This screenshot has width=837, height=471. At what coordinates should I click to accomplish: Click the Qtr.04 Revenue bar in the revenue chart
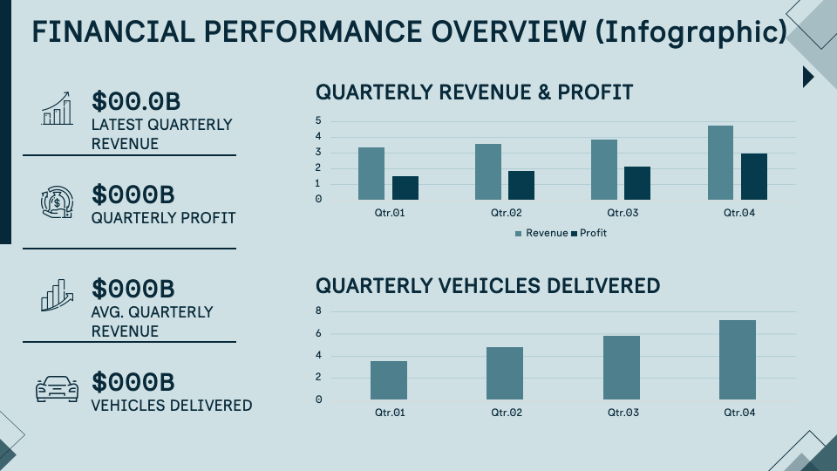[x=720, y=162]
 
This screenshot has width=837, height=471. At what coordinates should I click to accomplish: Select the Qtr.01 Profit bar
[x=405, y=188]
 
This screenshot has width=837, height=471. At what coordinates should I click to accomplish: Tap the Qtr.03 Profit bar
[x=636, y=182]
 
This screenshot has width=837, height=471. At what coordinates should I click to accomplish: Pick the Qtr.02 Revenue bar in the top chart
[x=488, y=171]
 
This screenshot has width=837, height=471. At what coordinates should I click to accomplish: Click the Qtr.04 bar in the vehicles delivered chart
[x=737, y=359]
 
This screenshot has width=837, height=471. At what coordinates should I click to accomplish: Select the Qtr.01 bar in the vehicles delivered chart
[x=388, y=379]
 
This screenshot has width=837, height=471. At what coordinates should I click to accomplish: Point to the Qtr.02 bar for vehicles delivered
[x=505, y=372]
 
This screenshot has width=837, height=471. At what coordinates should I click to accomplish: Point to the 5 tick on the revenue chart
[x=318, y=120]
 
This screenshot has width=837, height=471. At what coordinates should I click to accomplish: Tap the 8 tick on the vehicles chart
[x=318, y=311]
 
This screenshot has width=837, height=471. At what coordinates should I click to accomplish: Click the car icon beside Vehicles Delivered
[x=57, y=389]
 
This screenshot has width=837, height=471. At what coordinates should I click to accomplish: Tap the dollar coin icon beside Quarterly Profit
[x=57, y=202]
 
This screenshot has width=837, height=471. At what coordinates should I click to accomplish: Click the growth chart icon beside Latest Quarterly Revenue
[x=57, y=108]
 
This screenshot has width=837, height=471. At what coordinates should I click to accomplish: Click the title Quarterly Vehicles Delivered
[x=487, y=285]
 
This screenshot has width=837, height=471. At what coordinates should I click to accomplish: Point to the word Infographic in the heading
[x=688, y=31]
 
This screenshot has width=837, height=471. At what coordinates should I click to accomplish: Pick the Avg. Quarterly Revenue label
[x=152, y=321]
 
